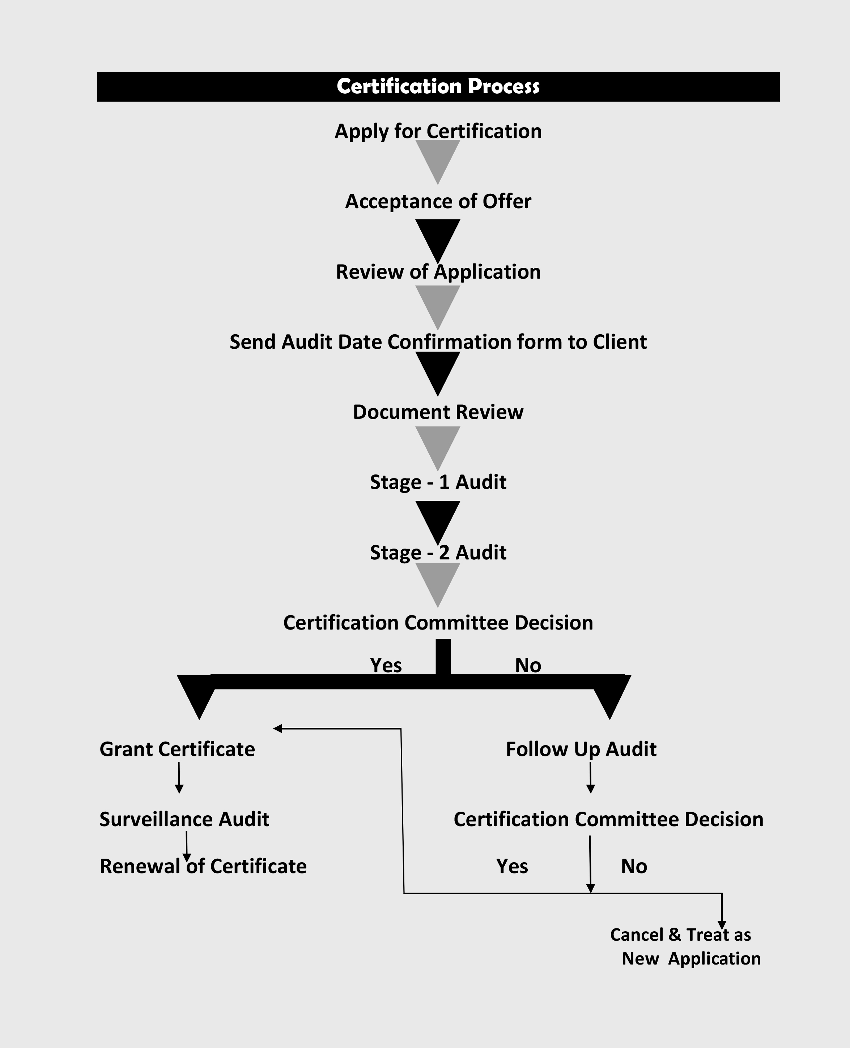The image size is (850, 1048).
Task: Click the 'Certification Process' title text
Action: coord(438,87)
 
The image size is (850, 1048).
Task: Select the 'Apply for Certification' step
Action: coord(438,132)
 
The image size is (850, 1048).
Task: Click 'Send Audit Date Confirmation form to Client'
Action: coord(438,342)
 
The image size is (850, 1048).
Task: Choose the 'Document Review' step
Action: coord(438,412)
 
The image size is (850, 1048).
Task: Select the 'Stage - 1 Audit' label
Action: coord(438,482)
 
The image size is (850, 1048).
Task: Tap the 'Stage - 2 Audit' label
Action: coord(438,553)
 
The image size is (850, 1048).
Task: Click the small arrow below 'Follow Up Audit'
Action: coord(591,777)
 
